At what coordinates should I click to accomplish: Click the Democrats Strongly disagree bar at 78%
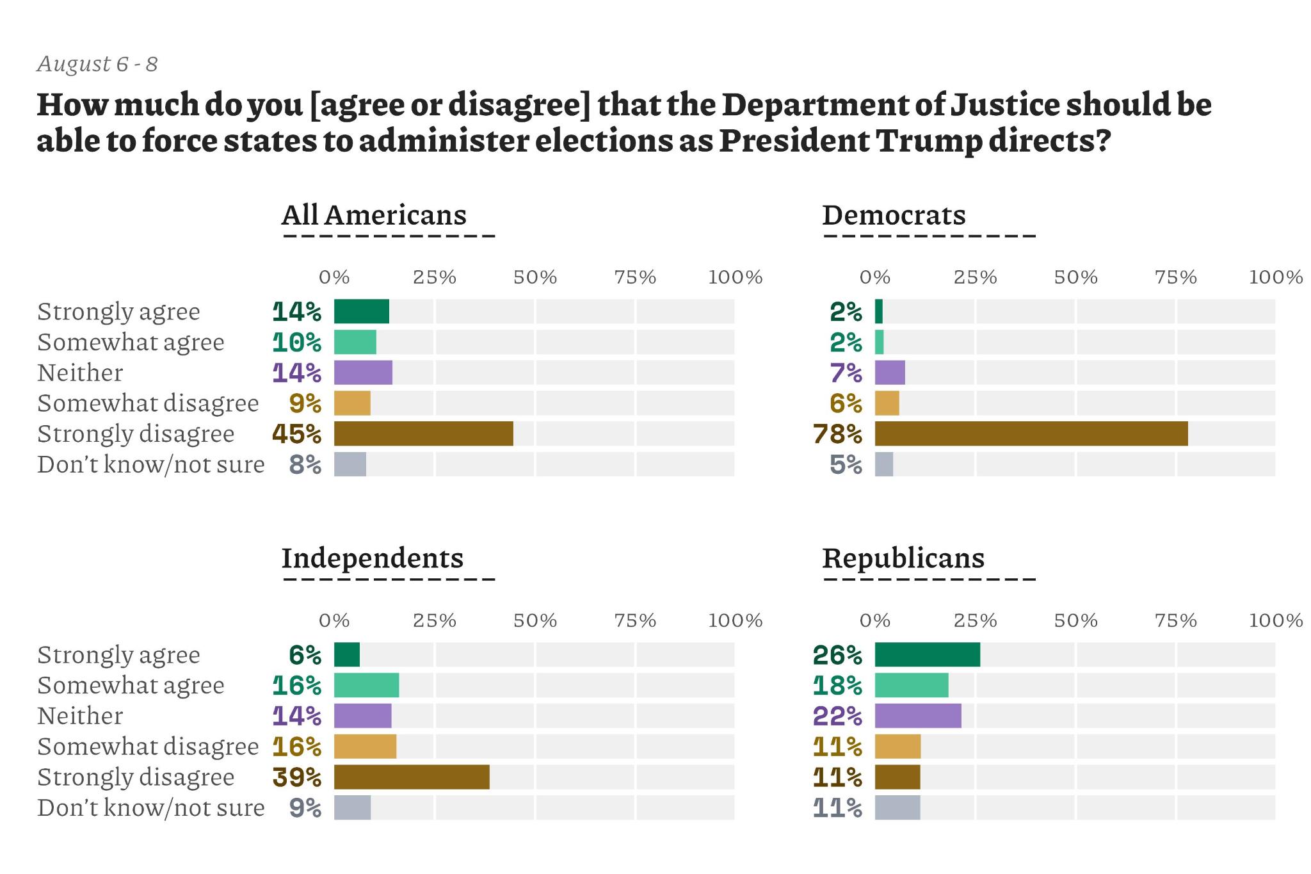(x=1031, y=433)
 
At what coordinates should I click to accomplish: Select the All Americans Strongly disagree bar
(x=423, y=433)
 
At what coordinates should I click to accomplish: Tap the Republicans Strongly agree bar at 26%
(x=927, y=654)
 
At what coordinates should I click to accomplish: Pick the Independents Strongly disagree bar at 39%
(x=412, y=777)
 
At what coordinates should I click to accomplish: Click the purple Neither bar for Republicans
(x=918, y=715)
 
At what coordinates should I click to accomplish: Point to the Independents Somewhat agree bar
(x=366, y=685)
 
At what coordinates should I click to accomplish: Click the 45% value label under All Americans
(x=296, y=434)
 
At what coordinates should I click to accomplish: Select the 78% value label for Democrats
(x=837, y=434)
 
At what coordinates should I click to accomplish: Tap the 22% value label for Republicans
(x=837, y=716)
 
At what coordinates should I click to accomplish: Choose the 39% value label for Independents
(x=296, y=777)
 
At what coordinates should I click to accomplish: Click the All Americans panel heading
(x=374, y=215)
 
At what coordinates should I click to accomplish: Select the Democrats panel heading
(x=894, y=215)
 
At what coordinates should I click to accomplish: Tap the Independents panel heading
(x=372, y=558)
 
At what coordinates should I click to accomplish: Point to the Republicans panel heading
(x=903, y=558)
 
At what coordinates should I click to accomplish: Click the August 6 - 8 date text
(x=97, y=64)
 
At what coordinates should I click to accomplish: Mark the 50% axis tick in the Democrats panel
(x=1075, y=277)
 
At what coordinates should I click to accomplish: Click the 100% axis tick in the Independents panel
(x=735, y=620)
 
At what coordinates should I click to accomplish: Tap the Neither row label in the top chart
(x=80, y=373)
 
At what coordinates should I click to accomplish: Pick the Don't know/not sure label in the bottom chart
(x=150, y=807)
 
